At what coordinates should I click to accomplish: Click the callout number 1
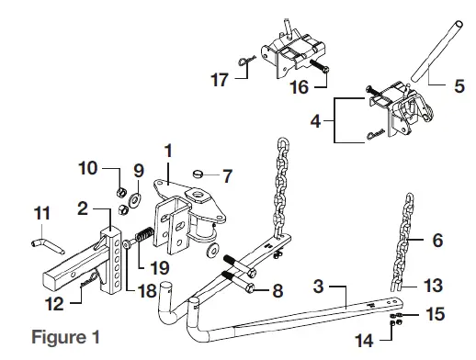(167, 150)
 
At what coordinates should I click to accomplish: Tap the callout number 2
(82, 209)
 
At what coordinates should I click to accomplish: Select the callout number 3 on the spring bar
(318, 288)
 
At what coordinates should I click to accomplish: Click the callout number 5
(459, 88)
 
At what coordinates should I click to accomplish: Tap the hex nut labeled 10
(119, 193)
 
